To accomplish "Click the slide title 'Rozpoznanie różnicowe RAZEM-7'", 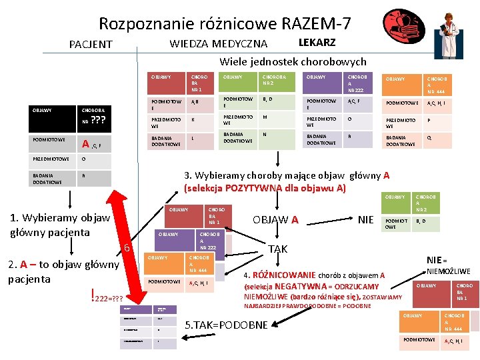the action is [225, 24].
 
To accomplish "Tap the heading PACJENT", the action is [91, 45].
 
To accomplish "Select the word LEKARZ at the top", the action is [317, 43].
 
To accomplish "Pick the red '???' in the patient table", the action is [99, 121].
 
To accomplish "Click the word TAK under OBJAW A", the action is [277, 249].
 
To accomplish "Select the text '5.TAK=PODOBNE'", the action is [225, 325].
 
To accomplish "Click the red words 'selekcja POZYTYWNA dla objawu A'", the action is [265, 188].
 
